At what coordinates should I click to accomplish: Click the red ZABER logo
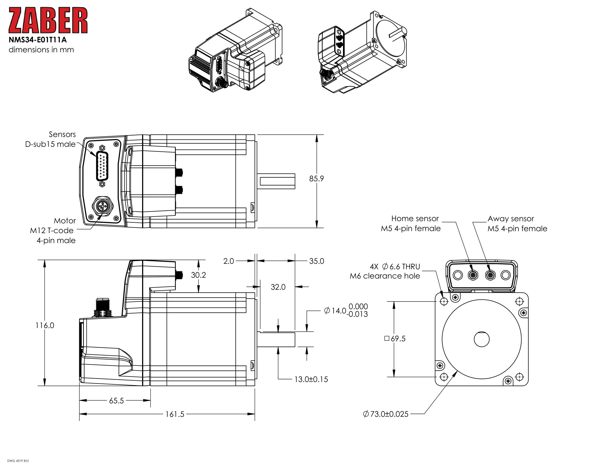point(48,20)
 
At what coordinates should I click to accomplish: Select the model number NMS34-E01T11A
point(38,40)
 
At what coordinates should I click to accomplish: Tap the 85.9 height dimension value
point(316,179)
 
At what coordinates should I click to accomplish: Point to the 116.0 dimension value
point(45,325)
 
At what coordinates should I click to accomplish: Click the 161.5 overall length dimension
point(175,414)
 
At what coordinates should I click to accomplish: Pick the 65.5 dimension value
point(116,401)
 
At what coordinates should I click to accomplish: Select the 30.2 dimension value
point(198,275)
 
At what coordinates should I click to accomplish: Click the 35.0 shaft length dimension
point(316,261)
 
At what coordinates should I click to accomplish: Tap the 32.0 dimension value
point(278,287)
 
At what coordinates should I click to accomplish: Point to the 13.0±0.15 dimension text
point(311,379)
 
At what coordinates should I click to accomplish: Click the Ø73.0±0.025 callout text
point(386,414)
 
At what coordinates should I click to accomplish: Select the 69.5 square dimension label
point(395,339)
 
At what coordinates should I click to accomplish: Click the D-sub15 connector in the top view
point(102,166)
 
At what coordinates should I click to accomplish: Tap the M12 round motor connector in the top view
point(103,206)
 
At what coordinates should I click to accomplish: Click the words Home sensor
point(415,219)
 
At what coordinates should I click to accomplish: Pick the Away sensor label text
point(510,219)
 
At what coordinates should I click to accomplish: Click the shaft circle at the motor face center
point(481,339)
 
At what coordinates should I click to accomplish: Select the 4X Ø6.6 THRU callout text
point(395,267)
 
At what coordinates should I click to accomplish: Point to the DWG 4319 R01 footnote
point(18,461)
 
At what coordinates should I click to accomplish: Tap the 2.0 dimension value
point(228,261)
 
